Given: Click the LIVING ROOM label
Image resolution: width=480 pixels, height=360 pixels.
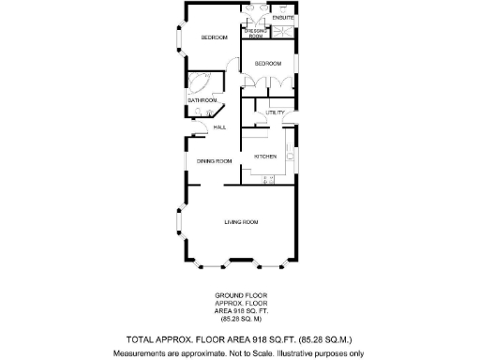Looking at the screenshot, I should (241, 222).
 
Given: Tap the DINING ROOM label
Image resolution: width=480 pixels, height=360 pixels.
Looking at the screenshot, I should (214, 161).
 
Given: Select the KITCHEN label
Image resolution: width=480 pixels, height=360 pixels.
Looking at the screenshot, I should (265, 156).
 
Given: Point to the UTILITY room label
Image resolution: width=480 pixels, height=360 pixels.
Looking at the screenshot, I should (275, 112).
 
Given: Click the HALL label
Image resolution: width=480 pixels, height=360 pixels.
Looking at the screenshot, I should (219, 127).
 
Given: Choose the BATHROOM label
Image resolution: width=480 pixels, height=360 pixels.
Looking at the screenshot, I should (202, 99).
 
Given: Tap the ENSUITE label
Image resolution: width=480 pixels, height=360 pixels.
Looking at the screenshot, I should (283, 18).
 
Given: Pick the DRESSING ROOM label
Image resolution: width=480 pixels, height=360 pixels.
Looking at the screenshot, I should (255, 33).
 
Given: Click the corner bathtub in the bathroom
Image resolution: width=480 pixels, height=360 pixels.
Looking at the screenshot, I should (201, 82).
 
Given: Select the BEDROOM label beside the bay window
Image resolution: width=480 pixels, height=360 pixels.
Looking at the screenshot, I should (216, 37).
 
